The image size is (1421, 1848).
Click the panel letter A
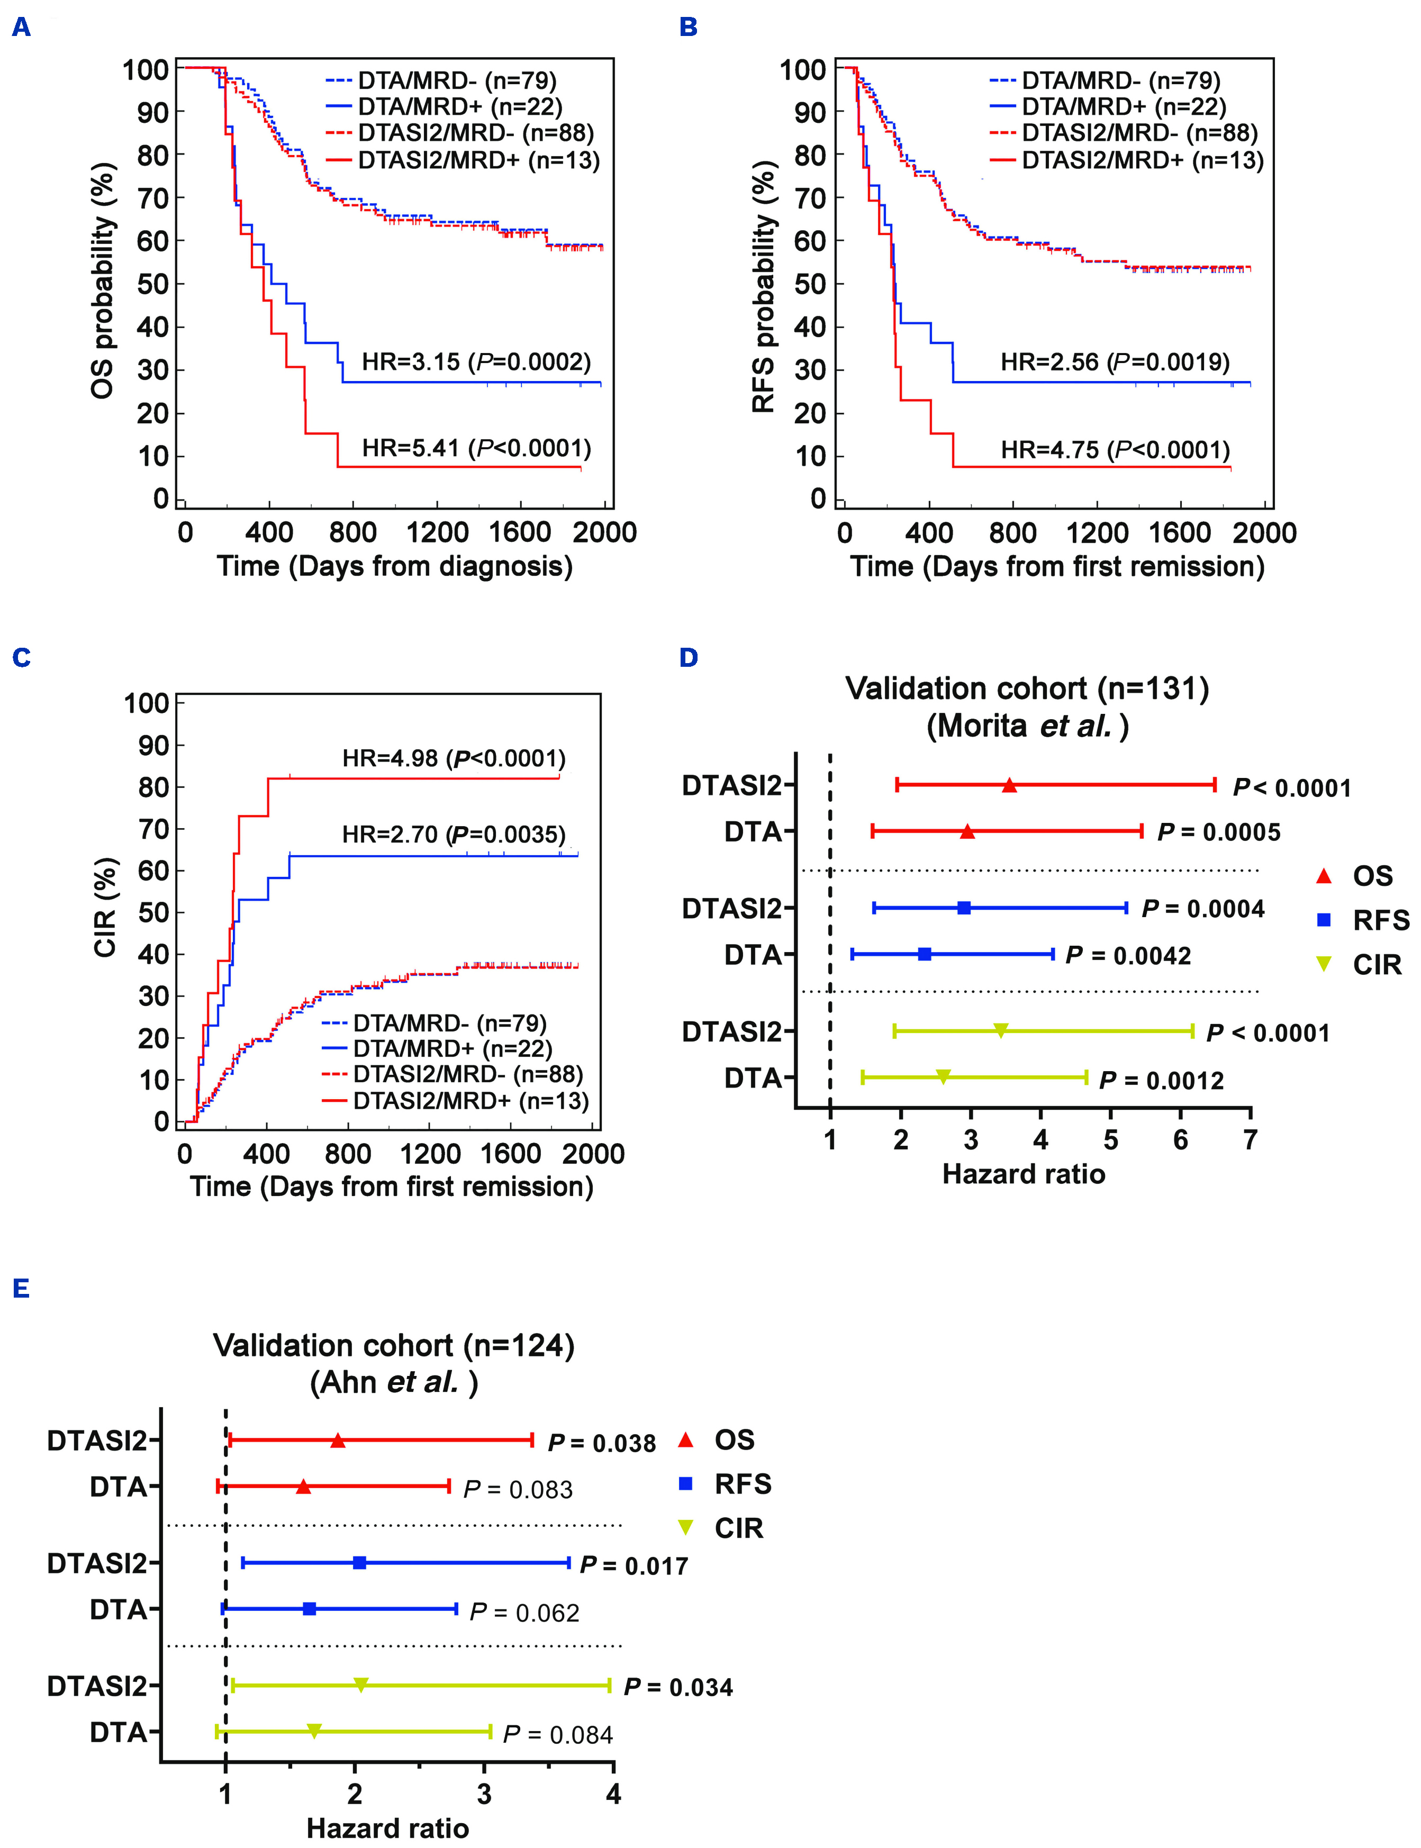click(21, 28)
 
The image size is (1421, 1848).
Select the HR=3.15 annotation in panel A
click(476, 362)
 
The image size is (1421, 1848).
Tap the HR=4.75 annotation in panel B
click(1115, 449)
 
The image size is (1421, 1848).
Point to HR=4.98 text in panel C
click(454, 758)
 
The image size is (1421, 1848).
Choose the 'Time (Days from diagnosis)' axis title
click(394, 566)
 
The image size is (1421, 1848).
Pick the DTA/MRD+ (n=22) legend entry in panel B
click(1123, 106)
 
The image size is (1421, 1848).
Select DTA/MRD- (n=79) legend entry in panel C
click(449, 1023)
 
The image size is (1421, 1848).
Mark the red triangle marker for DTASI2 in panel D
click(1009, 786)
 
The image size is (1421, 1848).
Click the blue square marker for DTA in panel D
click(925, 954)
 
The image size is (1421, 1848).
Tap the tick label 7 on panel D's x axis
click(1250, 1140)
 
